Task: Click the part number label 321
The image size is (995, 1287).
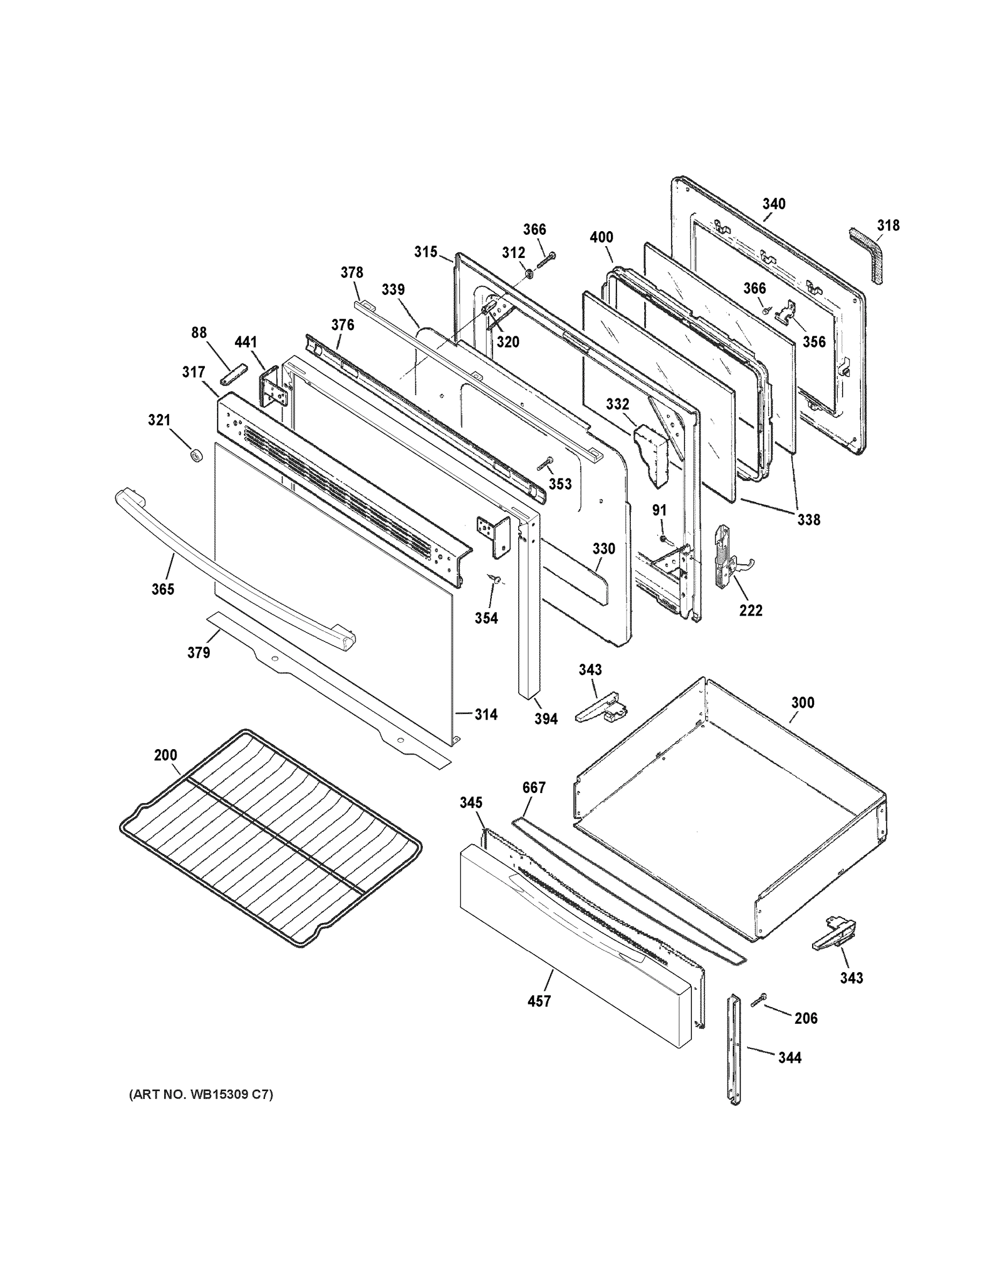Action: click(159, 420)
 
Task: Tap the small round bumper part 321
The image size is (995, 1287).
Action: click(195, 455)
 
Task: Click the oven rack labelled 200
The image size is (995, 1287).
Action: click(271, 837)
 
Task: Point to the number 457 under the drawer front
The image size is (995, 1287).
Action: click(539, 1001)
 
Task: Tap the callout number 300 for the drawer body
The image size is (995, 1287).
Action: click(802, 702)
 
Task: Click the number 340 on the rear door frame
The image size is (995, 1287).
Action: click(773, 204)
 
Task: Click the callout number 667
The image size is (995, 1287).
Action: click(534, 787)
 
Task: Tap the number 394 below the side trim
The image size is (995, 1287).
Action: click(546, 719)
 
